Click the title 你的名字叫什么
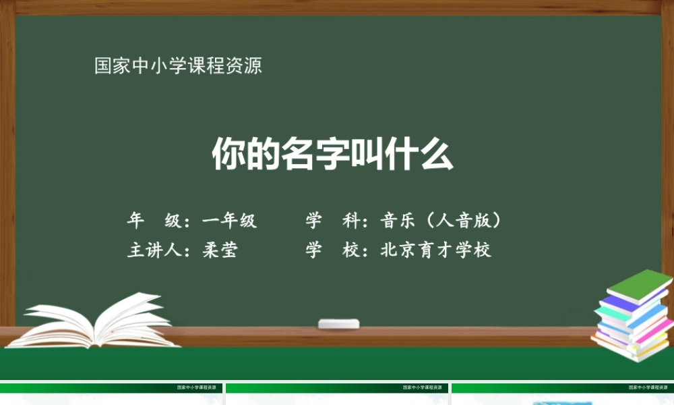(x=333, y=155)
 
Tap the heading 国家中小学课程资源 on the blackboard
(x=178, y=66)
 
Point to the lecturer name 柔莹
(x=220, y=250)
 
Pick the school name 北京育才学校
(x=436, y=250)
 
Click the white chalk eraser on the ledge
(x=339, y=323)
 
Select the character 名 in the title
(x=298, y=155)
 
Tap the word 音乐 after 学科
(x=398, y=221)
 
